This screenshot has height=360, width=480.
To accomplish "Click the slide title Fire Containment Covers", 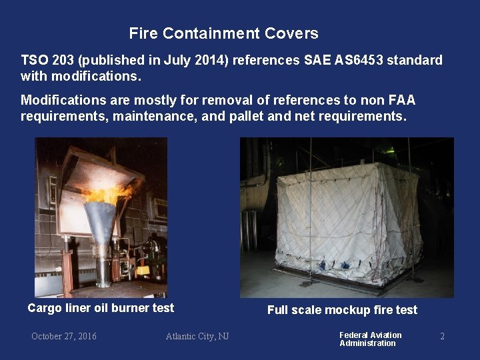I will [x=223, y=33].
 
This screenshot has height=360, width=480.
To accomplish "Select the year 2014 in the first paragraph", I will [x=209, y=61].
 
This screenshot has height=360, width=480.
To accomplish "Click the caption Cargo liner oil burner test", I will [x=101, y=308].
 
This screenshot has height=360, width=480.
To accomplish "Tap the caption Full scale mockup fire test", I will [x=342, y=310].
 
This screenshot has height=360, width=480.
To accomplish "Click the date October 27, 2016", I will [x=64, y=336].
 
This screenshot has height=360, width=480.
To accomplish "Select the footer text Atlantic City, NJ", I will [x=197, y=336].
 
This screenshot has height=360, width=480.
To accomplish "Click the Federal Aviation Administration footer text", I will [x=370, y=339].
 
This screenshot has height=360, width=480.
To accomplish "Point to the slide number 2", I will [x=442, y=336].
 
